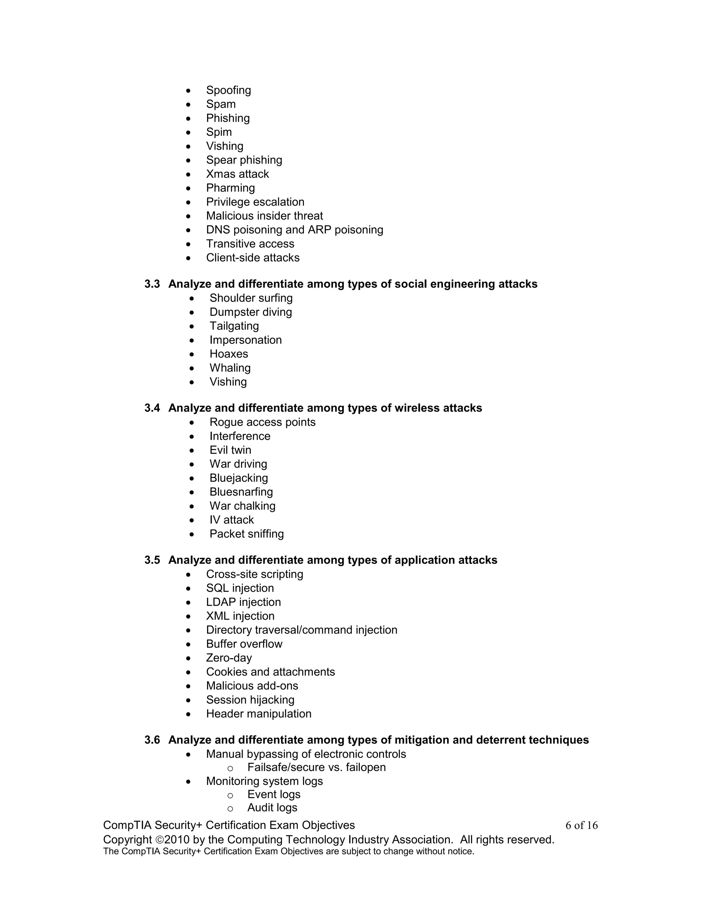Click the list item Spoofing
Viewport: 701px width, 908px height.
click(228, 90)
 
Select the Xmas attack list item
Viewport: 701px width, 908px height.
click(237, 174)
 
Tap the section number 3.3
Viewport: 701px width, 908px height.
click(152, 284)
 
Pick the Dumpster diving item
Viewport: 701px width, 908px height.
click(251, 312)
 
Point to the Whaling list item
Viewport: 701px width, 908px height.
click(230, 368)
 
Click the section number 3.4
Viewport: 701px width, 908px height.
click(152, 408)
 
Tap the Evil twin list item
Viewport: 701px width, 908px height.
click(230, 450)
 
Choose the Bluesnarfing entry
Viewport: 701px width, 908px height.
click(241, 492)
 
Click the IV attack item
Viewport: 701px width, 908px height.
click(231, 520)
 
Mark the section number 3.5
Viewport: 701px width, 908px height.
click(152, 560)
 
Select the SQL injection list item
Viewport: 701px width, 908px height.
click(240, 588)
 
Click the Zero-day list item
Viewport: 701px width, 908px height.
click(229, 658)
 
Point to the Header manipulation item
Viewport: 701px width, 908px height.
click(258, 714)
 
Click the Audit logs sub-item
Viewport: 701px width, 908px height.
click(272, 807)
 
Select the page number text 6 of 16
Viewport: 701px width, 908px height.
click(582, 825)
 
